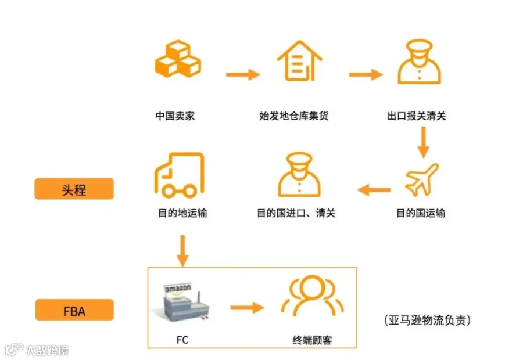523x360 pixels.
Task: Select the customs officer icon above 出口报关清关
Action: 419,62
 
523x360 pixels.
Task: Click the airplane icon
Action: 422,179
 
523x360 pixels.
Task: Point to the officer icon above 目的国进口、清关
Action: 299,175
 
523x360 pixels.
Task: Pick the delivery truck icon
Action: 180,175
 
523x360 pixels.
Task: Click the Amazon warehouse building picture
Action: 181,303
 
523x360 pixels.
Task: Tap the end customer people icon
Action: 313,296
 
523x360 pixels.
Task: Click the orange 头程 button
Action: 74,189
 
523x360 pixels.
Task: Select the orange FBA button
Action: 74,310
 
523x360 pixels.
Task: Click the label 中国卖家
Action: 175,116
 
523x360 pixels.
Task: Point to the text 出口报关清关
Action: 416,116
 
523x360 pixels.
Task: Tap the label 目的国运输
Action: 421,213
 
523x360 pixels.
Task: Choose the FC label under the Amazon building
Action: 182,340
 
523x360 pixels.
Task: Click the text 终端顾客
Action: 312,340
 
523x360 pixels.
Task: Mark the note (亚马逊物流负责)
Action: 427,321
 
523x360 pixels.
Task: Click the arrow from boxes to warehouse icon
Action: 243,74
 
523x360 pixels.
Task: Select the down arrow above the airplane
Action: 423,142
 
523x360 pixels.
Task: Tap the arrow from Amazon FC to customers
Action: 247,307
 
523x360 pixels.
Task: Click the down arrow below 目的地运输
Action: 182,251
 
